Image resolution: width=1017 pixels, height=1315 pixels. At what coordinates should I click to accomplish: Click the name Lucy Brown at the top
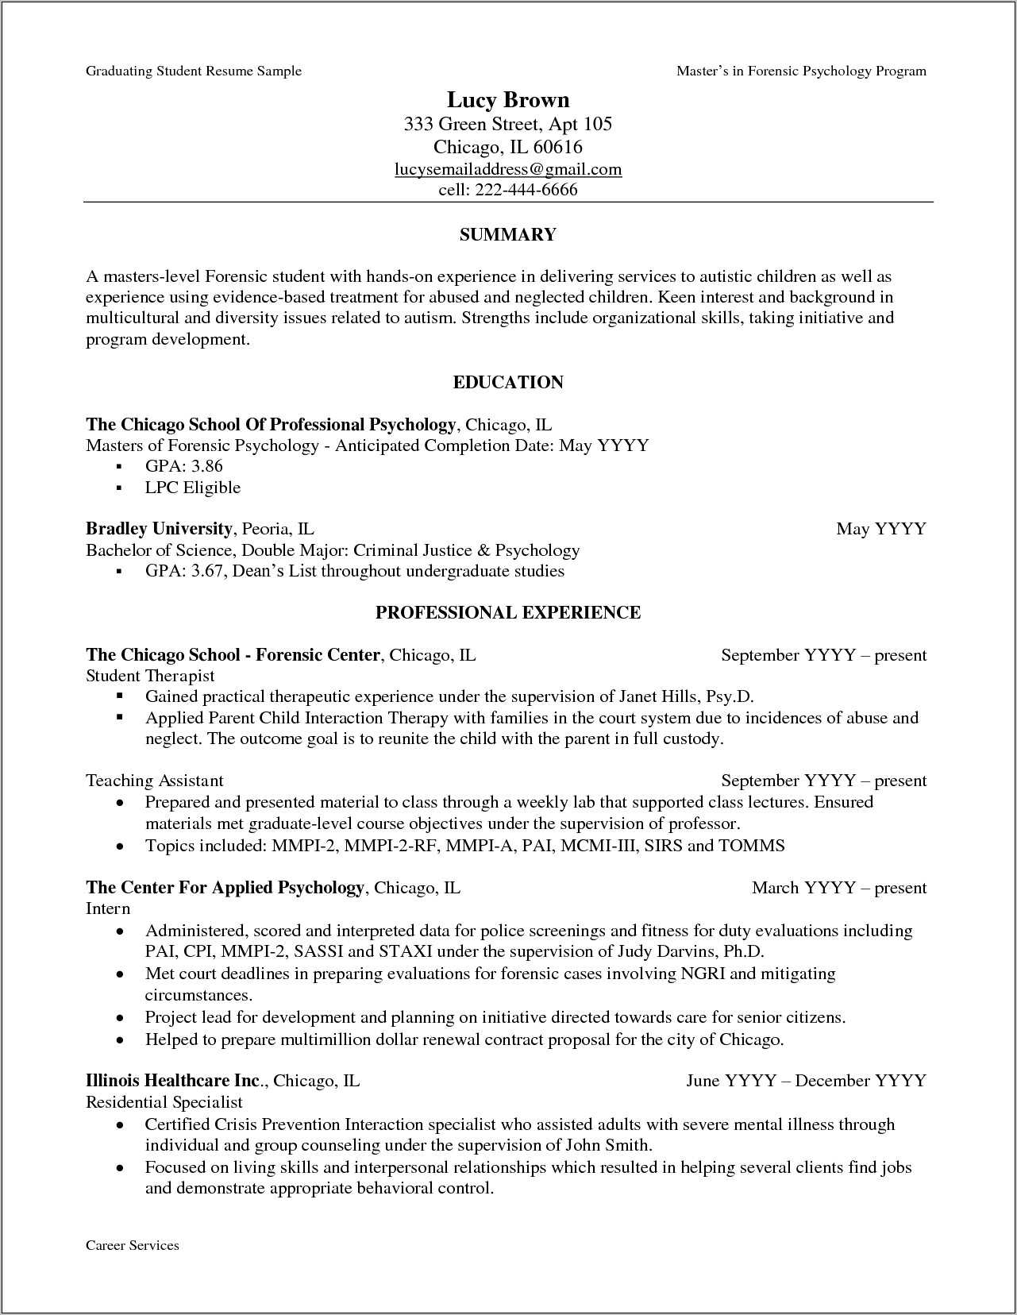click(x=508, y=100)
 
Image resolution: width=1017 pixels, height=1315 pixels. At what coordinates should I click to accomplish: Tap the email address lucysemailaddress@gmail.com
click(x=508, y=169)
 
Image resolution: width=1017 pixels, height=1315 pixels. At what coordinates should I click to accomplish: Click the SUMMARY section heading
click(x=508, y=235)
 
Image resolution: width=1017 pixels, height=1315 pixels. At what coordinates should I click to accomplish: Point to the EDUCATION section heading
click(x=508, y=383)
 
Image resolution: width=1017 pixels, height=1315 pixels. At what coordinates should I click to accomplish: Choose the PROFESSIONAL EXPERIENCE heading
click(x=508, y=613)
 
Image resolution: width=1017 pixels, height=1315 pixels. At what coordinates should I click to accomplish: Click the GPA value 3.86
click(x=207, y=466)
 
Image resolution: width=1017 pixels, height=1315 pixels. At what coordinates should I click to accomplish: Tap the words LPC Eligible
click(x=192, y=488)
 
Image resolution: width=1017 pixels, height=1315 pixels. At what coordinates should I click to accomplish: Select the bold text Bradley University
click(x=159, y=529)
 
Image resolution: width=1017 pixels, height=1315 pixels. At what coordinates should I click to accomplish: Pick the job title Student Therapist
click(x=150, y=676)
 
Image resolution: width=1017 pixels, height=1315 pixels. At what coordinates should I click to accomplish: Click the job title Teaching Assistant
click(x=155, y=781)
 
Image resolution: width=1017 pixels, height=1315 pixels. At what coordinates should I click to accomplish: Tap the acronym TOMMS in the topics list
click(x=751, y=846)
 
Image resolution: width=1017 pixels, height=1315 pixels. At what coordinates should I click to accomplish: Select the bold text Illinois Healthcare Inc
click(x=175, y=1081)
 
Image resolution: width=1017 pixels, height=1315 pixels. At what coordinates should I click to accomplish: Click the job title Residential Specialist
click(x=164, y=1102)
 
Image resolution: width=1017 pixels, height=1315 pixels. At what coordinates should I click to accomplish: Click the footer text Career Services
click(x=133, y=1246)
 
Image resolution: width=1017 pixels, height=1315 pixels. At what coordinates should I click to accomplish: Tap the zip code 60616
click(x=557, y=147)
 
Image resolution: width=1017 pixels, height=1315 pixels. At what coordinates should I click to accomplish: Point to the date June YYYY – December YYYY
click(x=806, y=1081)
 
